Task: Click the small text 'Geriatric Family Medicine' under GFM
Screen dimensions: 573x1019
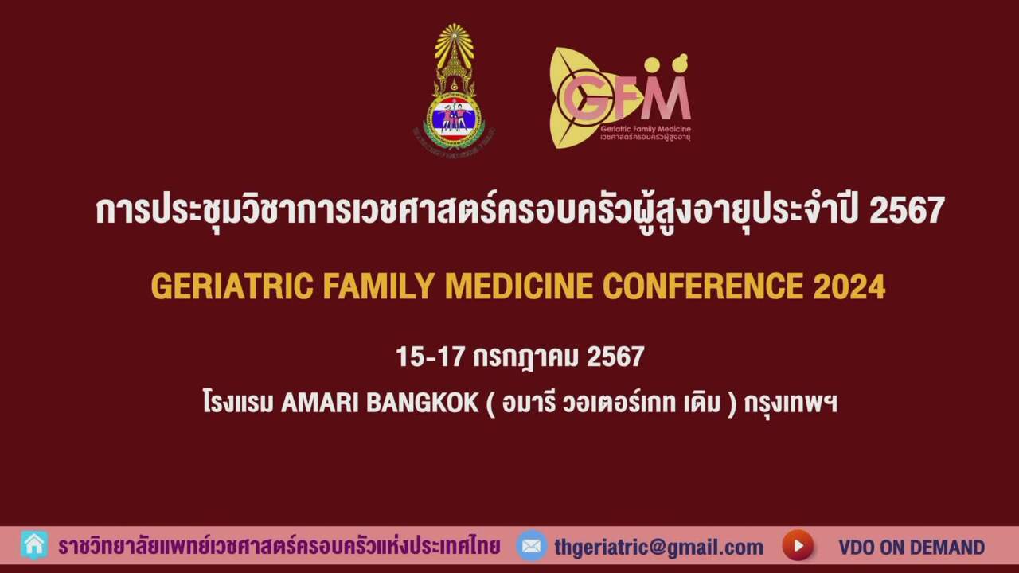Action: (x=646, y=129)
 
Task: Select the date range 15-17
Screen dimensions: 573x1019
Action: (x=430, y=357)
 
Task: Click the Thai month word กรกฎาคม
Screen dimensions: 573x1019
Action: (x=525, y=357)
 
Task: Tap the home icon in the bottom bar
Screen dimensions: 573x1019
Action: (x=34, y=545)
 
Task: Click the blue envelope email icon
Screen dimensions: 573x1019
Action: (x=531, y=546)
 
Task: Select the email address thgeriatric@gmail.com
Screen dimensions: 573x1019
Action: (x=659, y=547)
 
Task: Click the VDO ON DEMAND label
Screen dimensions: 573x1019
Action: (x=911, y=548)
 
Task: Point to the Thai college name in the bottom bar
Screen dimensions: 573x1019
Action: (x=279, y=547)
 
